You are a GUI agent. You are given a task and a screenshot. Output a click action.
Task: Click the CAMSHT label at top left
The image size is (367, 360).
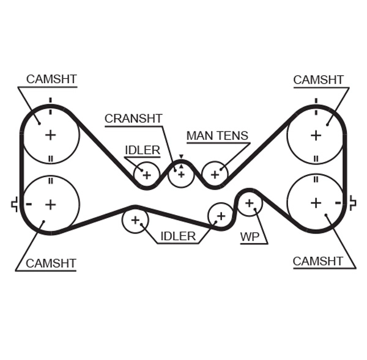(x=51, y=79)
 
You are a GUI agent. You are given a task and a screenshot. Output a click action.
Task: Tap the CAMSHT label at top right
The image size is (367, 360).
(x=318, y=80)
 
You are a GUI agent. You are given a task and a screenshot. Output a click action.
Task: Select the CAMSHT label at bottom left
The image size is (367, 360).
(x=51, y=263)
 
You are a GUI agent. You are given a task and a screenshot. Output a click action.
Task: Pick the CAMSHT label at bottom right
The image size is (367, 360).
(x=317, y=262)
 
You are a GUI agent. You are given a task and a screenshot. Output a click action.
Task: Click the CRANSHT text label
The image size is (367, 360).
(x=133, y=119)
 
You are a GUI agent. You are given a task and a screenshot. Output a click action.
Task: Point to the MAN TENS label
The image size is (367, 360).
(x=217, y=136)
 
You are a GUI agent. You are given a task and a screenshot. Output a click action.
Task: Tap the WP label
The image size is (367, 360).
(x=250, y=237)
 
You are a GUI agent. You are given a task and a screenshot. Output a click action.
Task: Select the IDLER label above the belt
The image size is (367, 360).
(x=143, y=150)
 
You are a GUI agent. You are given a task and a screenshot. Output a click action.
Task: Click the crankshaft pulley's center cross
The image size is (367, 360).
(x=181, y=174)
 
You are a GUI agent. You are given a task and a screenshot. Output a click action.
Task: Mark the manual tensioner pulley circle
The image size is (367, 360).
(x=215, y=174)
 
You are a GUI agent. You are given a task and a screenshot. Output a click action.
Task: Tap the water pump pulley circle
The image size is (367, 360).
(x=249, y=203)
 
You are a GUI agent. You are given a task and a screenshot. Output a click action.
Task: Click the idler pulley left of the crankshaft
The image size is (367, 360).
(x=147, y=175)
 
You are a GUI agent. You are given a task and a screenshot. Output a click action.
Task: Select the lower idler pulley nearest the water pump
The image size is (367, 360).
(x=220, y=215)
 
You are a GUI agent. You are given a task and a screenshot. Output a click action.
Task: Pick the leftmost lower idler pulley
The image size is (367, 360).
(x=135, y=220)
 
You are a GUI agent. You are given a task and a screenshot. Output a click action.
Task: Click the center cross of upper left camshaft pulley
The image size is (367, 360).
(x=50, y=134)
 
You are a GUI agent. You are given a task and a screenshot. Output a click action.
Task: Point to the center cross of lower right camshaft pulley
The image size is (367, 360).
(x=316, y=202)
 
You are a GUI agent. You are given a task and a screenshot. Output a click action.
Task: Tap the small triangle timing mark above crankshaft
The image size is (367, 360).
(x=181, y=157)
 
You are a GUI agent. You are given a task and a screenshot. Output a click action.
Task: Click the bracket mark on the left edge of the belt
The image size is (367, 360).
(x=14, y=205)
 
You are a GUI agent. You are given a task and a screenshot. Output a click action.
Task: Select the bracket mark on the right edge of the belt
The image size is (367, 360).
(x=352, y=203)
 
